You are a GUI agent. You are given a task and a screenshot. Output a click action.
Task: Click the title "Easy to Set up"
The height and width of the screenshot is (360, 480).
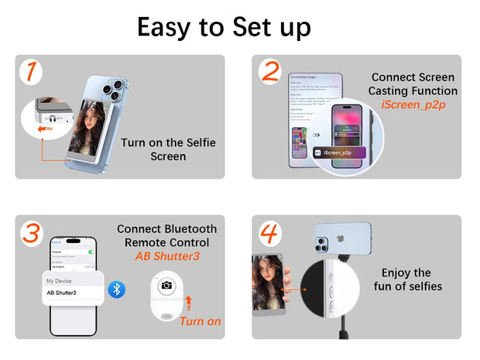pos(224,27)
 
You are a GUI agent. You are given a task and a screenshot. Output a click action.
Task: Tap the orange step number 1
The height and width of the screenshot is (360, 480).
pos(29,71)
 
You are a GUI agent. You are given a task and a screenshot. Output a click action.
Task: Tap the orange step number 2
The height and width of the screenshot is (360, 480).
pos(269,71)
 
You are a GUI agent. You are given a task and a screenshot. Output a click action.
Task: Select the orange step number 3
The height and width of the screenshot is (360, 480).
pos(30,233)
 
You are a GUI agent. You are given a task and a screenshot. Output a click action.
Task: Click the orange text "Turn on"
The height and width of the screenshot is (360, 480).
pos(200,321)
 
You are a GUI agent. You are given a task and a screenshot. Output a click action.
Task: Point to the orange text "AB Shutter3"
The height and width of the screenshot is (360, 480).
pos(167,256)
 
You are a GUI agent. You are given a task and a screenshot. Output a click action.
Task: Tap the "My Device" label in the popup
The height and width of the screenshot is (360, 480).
pos(60,280)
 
